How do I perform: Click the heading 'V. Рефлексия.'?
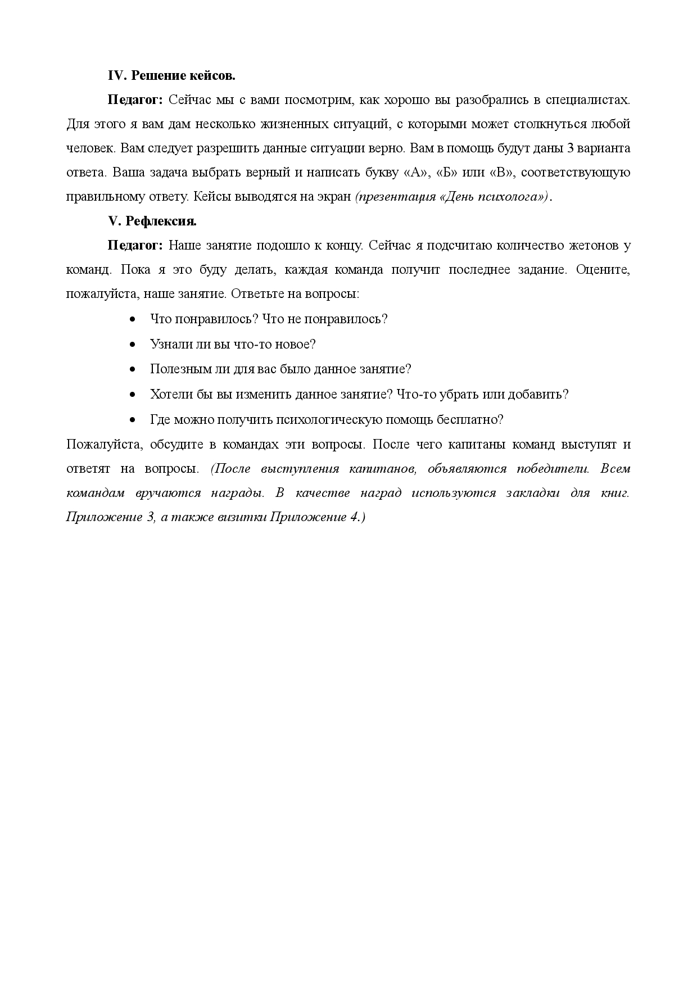tap(152, 221)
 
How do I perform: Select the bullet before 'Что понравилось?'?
tap(133, 319)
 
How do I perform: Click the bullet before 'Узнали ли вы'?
tap(133, 345)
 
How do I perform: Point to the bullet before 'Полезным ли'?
tap(133, 369)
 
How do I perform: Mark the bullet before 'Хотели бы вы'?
tap(133, 395)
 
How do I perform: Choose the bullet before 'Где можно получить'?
tap(133, 420)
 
